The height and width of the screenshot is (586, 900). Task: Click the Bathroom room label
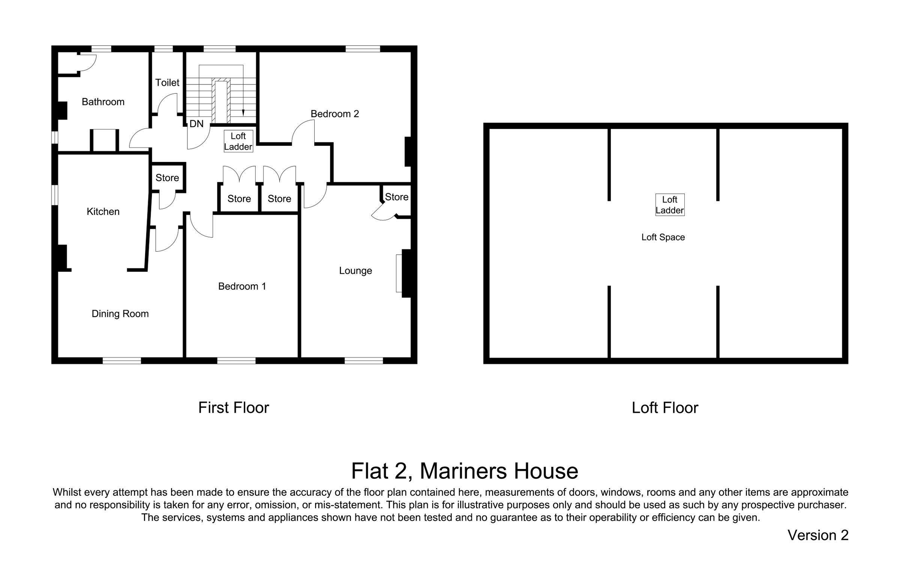click(103, 102)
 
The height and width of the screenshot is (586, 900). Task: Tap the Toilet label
click(167, 82)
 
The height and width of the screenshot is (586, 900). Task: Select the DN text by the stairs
click(196, 124)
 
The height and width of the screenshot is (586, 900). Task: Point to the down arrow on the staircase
click(243, 112)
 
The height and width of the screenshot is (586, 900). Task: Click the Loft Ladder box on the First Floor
click(238, 141)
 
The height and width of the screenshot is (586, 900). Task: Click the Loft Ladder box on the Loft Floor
click(669, 205)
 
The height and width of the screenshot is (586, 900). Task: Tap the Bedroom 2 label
click(334, 114)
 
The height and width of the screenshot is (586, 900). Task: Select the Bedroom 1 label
click(242, 286)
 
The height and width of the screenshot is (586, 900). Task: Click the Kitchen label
click(103, 211)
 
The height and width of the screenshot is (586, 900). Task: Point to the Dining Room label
click(120, 314)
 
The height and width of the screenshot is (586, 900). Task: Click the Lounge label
click(355, 271)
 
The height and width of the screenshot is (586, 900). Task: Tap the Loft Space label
click(663, 237)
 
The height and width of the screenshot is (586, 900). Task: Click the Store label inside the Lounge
click(396, 197)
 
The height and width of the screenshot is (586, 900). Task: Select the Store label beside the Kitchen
click(167, 178)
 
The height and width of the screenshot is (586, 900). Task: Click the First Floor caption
click(233, 408)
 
